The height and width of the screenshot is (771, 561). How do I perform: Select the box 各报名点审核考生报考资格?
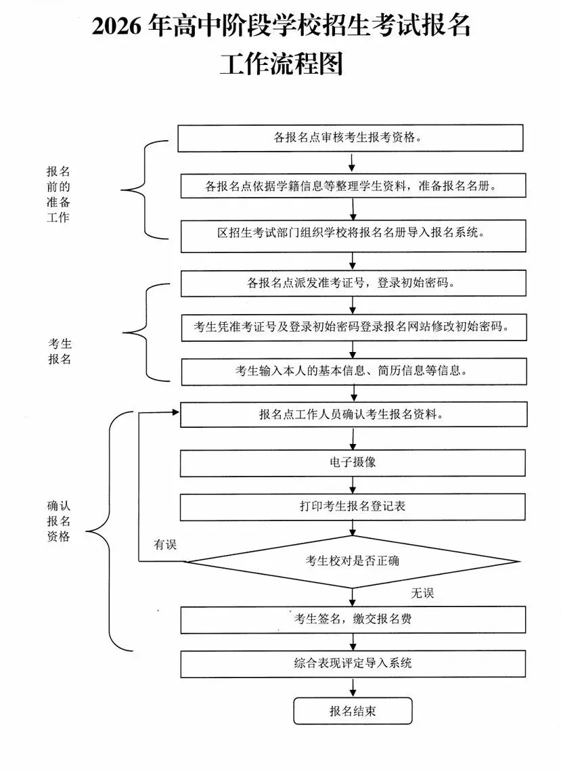(x=351, y=138)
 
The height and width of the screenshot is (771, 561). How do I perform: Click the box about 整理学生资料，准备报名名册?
(x=352, y=186)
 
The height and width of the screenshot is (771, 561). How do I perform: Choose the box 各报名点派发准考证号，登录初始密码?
(x=352, y=283)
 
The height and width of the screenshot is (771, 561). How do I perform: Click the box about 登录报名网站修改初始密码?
(x=352, y=327)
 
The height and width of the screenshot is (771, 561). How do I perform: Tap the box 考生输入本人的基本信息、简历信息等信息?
(x=352, y=370)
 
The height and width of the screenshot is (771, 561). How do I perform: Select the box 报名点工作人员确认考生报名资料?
(x=352, y=414)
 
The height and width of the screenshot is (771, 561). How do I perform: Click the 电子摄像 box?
(x=352, y=462)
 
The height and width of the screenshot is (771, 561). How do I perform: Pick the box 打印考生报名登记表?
(x=352, y=506)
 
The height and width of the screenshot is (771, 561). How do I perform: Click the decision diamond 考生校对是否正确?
(x=352, y=561)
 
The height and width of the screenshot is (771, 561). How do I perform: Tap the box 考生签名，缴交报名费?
(x=352, y=619)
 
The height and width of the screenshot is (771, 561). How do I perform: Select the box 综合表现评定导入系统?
(x=352, y=663)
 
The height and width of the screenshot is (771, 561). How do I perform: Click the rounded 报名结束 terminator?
(x=352, y=711)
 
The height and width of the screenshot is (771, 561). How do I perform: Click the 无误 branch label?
(x=422, y=593)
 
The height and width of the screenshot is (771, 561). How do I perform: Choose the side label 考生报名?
(x=59, y=351)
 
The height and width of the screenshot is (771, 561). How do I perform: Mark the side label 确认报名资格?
(x=59, y=521)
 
